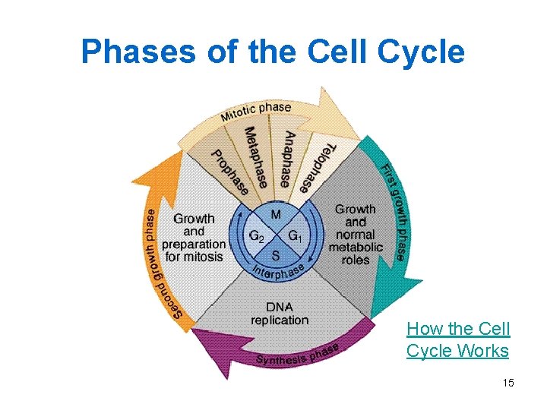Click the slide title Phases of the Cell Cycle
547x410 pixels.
click(273, 52)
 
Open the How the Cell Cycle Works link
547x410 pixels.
click(458, 339)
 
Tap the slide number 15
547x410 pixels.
click(508, 383)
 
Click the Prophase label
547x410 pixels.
click(230, 171)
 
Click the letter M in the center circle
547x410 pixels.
click(276, 215)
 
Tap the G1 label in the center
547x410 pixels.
click(295, 235)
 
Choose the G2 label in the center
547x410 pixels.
click(257, 235)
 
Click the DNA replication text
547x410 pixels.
click(280, 314)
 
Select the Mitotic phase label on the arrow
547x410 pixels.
click(256, 112)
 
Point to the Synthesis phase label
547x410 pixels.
click(298, 355)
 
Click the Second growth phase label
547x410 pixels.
click(156, 263)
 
